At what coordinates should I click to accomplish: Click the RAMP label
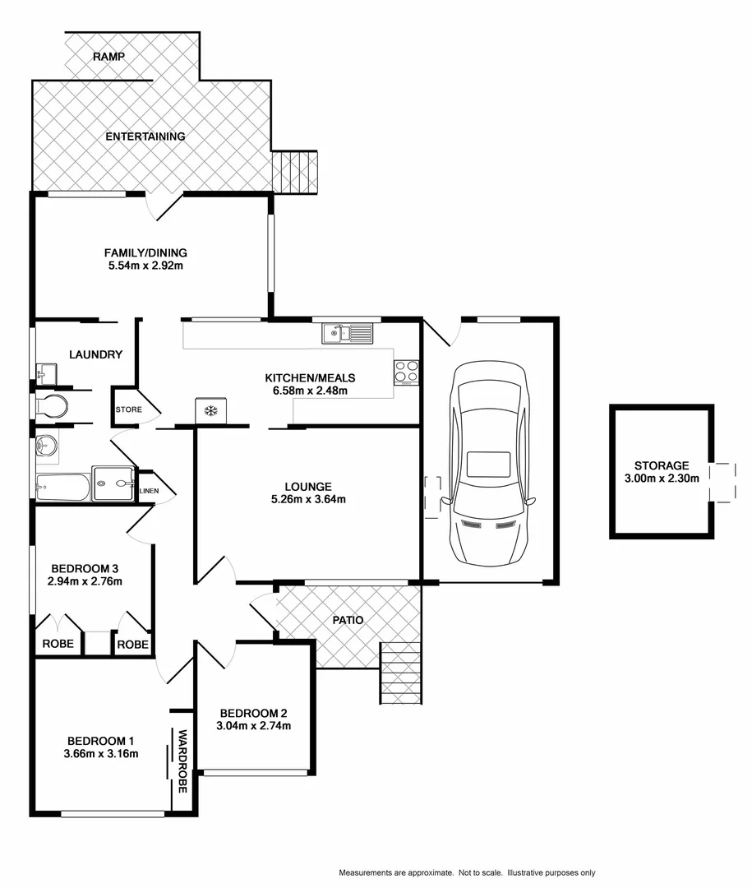[x=108, y=57]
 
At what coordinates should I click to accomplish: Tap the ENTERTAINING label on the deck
[x=145, y=136]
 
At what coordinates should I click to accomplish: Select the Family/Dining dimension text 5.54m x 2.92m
[x=145, y=266]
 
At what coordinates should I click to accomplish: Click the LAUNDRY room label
[x=96, y=354]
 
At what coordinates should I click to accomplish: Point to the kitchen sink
[x=347, y=333]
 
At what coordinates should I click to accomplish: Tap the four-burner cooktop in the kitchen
[x=406, y=372]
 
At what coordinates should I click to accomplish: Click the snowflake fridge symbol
[x=210, y=409]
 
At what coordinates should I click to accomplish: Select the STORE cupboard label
[x=128, y=409]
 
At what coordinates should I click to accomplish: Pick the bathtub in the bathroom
[x=62, y=487]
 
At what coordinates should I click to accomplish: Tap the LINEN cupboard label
[x=149, y=492]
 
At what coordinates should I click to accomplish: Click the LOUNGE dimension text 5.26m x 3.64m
[x=308, y=499]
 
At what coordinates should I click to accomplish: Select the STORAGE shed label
[x=662, y=465]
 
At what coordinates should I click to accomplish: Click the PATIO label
[x=348, y=620]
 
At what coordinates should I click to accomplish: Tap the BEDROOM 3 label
[x=85, y=568]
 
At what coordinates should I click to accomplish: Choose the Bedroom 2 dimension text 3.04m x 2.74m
[x=253, y=726]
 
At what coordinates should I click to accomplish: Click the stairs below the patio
[x=402, y=673]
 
